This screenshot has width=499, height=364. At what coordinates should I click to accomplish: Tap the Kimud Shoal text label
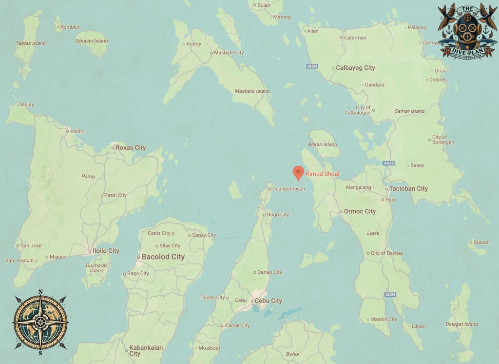pyautogui.click(x=323, y=174)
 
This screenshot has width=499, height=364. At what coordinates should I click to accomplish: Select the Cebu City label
pyautogui.click(x=269, y=301)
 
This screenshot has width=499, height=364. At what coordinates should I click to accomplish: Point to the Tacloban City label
pyautogui.click(x=408, y=189)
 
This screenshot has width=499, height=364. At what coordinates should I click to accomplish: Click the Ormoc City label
pyautogui.click(x=360, y=212)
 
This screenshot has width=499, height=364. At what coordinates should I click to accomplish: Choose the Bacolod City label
pyautogui.click(x=163, y=257)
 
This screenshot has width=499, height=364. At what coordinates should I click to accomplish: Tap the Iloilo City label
pyautogui.click(x=107, y=251)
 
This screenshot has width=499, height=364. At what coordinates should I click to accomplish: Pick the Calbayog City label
pyautogui.click(x=355, y=68)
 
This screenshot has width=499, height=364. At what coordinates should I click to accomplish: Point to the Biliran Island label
pyautogui.click(x=323, y=144)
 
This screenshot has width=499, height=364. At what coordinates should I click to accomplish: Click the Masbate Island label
pyautogui.click(x=252, y=91)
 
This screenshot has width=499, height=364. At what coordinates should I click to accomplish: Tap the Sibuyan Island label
pyautogui.click(x=91, y=41)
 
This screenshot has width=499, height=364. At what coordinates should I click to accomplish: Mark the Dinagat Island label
pyautogui.click(x=462, y=324)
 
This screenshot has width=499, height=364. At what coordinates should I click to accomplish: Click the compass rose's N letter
pyautogui.click(x=40, y=292)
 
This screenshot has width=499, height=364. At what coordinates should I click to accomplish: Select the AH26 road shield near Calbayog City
pyautogui.click(x=312, y=66)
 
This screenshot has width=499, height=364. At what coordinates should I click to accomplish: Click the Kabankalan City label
pyautogui.click(x=146, y=350)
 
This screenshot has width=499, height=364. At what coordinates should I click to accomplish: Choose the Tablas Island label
pyautogui.click(x=31, y=43)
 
